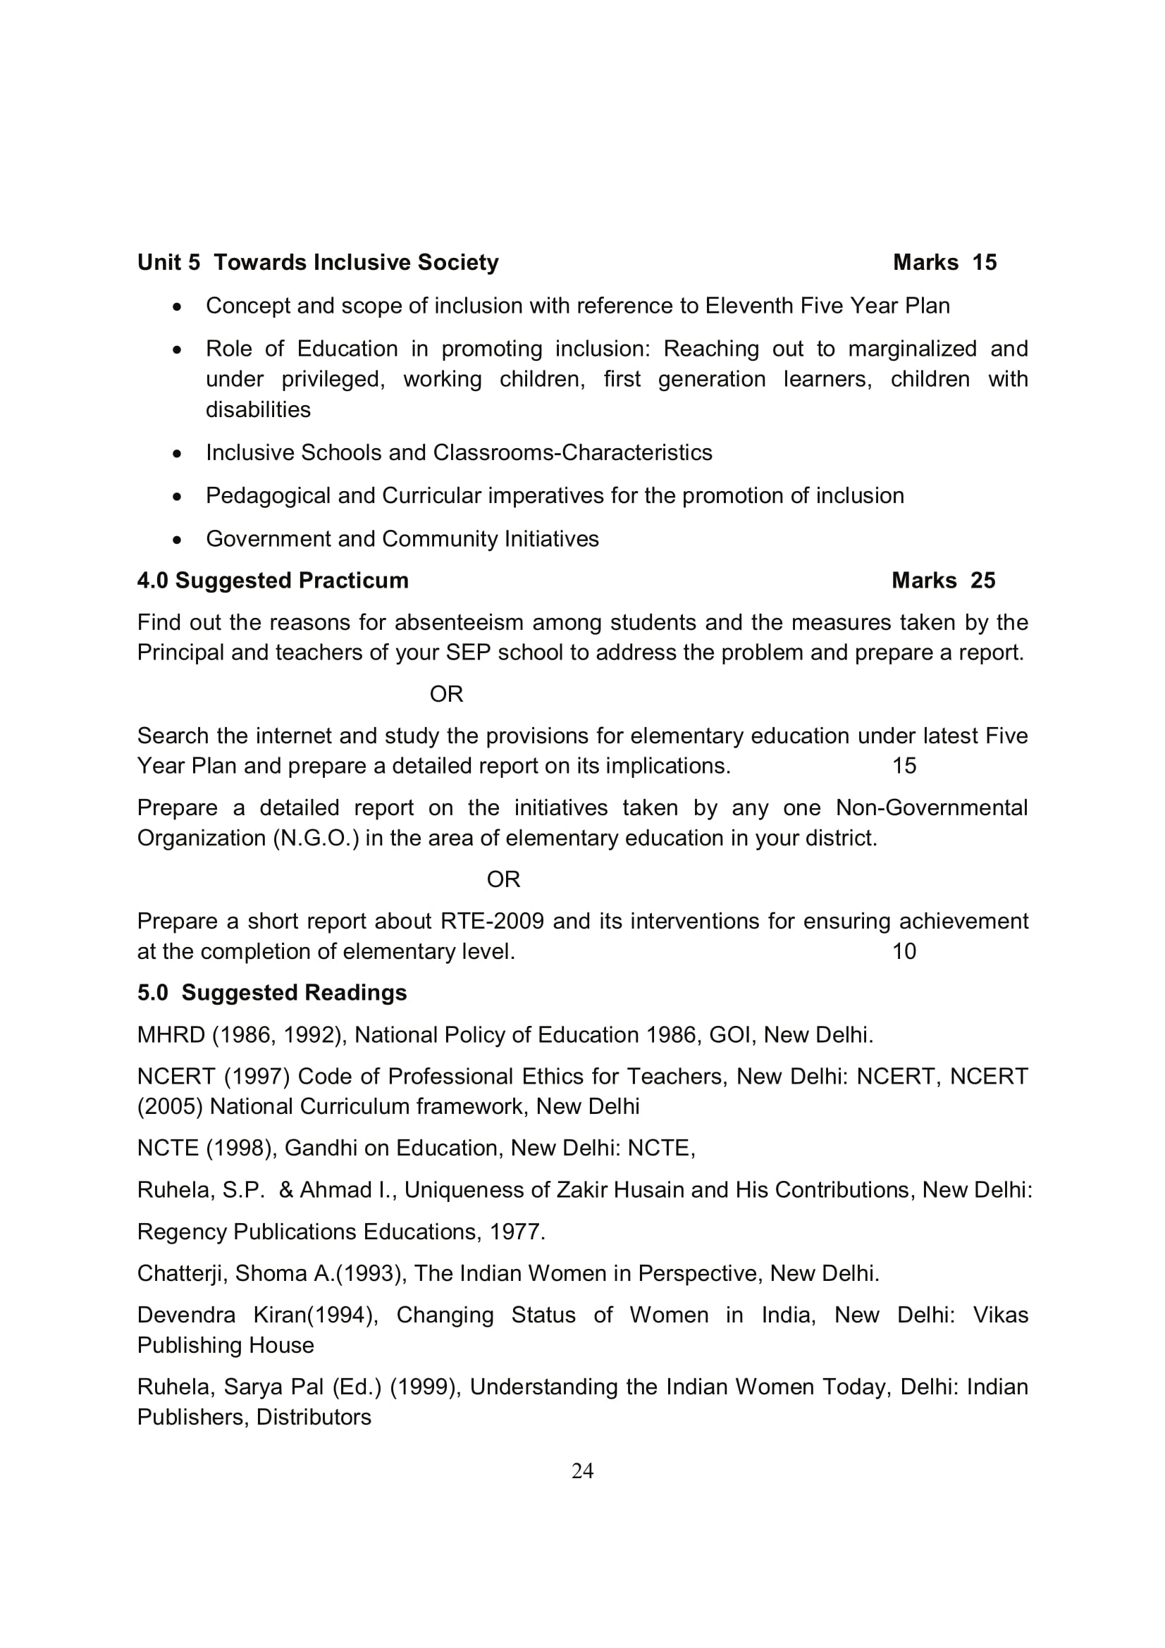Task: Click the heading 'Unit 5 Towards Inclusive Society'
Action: coord(317,263)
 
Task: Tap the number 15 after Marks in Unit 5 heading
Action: coord(984,263)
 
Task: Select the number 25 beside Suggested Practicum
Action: coord(982,581)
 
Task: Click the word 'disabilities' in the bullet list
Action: coord(258,410)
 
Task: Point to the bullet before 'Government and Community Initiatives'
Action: coord(178,540)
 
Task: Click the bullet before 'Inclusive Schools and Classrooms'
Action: coord(178,454)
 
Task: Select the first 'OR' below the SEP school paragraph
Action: coord(446,694)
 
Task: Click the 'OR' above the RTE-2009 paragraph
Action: coord(503,879)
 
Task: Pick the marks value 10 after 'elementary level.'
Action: coord(904,952)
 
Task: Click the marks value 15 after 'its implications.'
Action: coord(904,766)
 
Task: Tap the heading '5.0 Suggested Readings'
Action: coord(272,993)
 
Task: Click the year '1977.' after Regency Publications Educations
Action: coord(517,1232)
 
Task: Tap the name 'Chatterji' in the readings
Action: coord(183,1273)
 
